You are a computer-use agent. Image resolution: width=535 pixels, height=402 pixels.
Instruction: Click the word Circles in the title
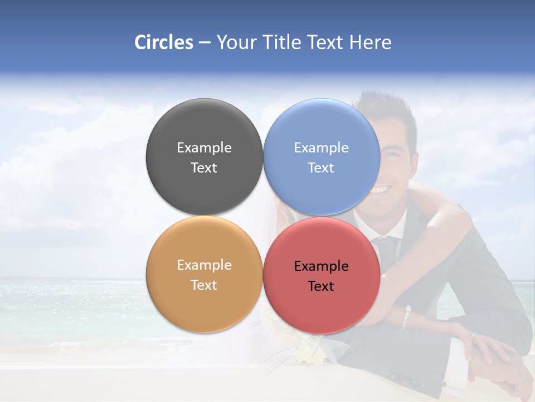pyautogui.click(x=163, y=42)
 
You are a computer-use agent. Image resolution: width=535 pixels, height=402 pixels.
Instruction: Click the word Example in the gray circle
pyautogui.click(x=205, y=148)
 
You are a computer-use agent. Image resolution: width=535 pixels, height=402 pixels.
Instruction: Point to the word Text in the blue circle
pyautogui.click(x=321, y=168)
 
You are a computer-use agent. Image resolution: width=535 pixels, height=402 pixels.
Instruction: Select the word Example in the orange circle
pyautogui.click(x=205, y=265)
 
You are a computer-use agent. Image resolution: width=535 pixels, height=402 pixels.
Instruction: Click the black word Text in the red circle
pyautogui.click(x=321, y=286)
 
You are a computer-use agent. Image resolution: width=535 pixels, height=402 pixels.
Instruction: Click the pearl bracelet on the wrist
pyautogui.click(x=406, y=317)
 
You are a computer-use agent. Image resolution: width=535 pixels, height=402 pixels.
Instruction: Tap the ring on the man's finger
pyautogui.click(x=473, y=336)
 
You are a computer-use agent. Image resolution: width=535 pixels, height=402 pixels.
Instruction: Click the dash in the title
pyautogui.click(x=205, y=43)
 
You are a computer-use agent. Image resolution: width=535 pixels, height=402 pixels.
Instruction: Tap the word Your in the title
pyautogui.click(x=236, y=42)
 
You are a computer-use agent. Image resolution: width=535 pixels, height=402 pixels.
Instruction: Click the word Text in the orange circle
pyautogui.click(x=204, y=285)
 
